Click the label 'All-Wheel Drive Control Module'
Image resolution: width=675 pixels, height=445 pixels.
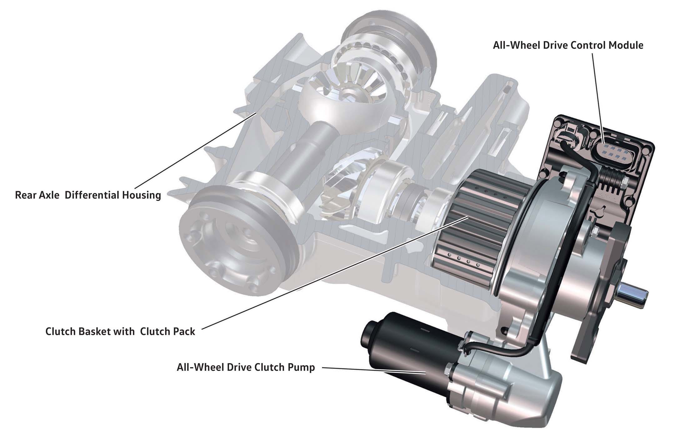pyautogui.click(x=568, y=45)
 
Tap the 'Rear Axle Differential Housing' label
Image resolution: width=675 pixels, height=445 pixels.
pyautogui.click(x=88, y=195)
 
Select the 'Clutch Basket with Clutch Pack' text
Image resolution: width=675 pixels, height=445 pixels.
pyautogui.click(x=120, y=331)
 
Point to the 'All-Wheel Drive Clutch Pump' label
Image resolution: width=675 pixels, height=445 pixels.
pyautogui.click(x=246, y=367)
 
